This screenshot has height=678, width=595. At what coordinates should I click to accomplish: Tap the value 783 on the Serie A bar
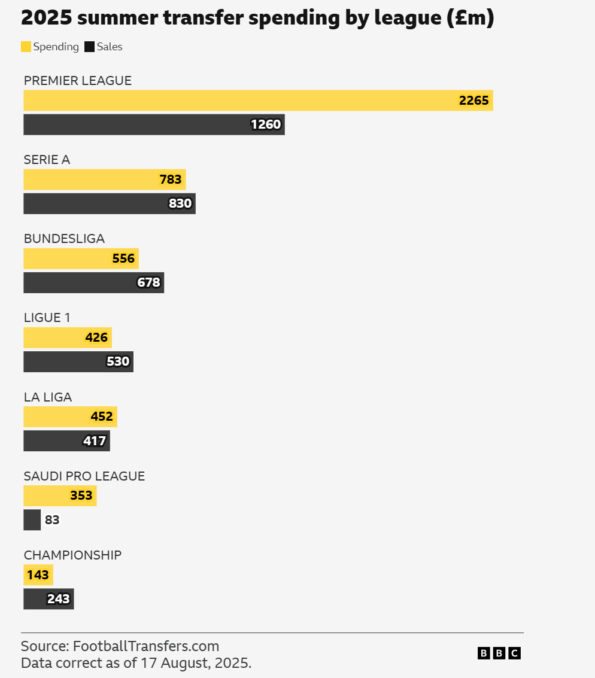click(170, 180)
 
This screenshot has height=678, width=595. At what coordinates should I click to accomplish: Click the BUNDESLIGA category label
click(64, 239)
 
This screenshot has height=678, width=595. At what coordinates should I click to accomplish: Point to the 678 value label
click(148, 282)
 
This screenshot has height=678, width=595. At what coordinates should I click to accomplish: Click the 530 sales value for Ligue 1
click(118, 361)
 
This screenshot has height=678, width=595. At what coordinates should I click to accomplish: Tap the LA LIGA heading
click(48, 397)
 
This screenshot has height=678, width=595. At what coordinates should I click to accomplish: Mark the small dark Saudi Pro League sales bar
click(32, 520)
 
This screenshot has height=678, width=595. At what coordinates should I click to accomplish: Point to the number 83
click(52, 520)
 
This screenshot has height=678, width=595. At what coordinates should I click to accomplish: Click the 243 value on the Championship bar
click(59, 599)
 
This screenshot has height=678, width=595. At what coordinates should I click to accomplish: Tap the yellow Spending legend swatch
click(26, 47)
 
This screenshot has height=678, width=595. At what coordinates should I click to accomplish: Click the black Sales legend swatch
click(90, 47)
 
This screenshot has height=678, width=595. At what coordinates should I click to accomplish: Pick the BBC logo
click(499, 653)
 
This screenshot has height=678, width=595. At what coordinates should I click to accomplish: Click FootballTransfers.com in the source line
click(146, 646)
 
